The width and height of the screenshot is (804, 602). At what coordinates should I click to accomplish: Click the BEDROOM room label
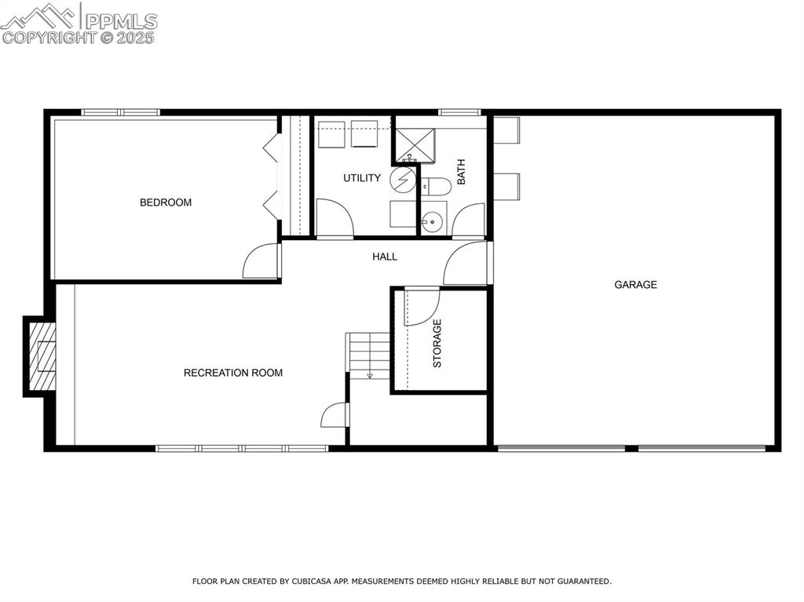(x=166, y=202)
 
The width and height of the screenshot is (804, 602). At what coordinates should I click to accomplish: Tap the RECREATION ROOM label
(x=233, y=373)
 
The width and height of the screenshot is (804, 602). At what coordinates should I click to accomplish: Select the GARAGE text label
(x=635, y=285)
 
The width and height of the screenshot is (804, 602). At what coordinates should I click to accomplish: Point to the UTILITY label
(x=362, y=178)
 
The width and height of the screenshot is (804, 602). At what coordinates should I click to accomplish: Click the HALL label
(x=385, y=257)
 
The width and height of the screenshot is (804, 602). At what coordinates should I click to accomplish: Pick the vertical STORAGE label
(x=437, y=343)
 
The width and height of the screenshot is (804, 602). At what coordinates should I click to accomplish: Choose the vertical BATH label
(x=461, y=172)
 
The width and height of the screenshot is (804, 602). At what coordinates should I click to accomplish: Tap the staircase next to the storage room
(x=369, y=355)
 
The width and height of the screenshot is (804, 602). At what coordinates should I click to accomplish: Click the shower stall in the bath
(x=414, y=143)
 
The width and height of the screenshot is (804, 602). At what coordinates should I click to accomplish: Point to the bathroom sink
(x=432, y=221)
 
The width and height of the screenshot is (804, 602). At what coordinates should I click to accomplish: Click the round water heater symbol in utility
(x=402, y=179)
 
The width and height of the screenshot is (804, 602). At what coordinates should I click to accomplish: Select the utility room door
(x=334, y=217)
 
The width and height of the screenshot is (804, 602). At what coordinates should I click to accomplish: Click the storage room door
(x=421, y=307)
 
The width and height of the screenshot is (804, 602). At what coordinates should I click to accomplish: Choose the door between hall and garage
(x=468, y=263)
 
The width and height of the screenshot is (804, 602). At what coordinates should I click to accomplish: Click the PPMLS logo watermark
(x=79, y=24)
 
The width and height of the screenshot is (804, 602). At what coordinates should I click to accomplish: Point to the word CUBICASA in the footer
(x=309, y=582)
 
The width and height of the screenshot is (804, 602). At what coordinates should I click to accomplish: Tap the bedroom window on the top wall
(x=121, y=112)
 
